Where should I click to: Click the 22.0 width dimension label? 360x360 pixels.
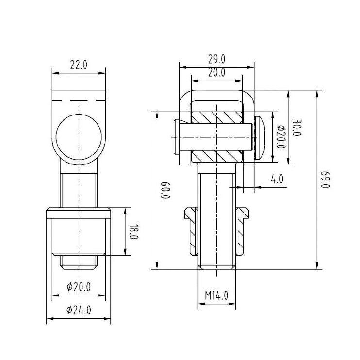[79, 65]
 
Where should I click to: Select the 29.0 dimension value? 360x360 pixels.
[217, 59]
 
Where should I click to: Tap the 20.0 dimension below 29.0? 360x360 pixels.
[217, 73]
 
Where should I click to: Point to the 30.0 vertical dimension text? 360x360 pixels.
[296, 128]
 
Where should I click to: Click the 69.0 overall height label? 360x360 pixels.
[325, 180]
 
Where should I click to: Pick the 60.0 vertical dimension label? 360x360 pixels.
[165, 190]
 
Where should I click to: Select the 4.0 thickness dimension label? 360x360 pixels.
[277, 179]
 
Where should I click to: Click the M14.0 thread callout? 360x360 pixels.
[216, 295]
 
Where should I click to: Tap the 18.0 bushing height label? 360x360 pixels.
[133, 232]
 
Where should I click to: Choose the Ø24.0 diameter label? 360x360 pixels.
[79, 310]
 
